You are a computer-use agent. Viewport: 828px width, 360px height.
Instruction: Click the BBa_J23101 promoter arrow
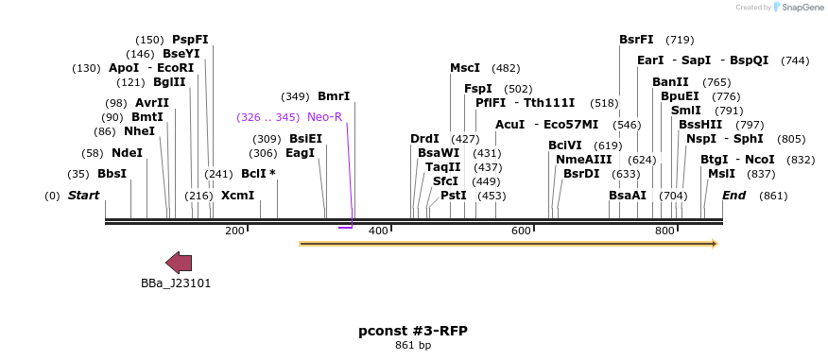(x=179, y=264)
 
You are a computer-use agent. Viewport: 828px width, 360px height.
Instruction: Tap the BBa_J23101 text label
(x=176, y=283)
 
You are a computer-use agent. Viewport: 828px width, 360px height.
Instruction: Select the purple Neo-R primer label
(x=324, y=117)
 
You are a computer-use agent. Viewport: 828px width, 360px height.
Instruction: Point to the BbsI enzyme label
(x=112, y=174)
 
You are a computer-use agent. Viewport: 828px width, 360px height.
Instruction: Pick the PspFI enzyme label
(x=190, y=40)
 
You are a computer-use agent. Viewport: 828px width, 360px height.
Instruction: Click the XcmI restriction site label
(x=237, y=196)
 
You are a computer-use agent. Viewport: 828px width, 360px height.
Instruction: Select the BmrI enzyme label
(x=334, y=96)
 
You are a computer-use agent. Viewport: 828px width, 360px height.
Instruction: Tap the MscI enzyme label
(x=464, y=68)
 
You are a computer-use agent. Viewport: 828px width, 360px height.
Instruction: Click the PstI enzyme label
(x=454, y=196)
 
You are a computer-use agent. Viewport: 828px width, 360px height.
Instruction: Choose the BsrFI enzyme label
(x=636, y=40)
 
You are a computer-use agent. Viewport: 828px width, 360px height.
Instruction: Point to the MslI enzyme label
(x=721, y=174)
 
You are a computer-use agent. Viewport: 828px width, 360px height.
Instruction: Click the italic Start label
(x=83, y=196)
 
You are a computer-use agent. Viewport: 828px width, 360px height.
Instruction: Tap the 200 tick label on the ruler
(x=234, y=231)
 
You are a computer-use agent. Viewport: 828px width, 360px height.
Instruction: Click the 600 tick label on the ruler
(x=521, y=231)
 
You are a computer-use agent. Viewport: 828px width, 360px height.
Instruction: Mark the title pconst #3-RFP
(x=413, y=331)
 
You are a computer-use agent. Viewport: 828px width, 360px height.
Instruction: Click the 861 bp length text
(x=413, y=346)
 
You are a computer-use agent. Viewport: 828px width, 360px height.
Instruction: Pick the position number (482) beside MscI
(x=506, y=68)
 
